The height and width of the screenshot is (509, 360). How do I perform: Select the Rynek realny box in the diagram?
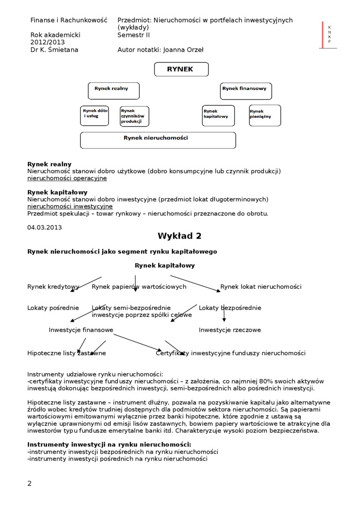(x=114, y=90)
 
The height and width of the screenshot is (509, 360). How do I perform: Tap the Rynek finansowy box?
(x=246, y=90)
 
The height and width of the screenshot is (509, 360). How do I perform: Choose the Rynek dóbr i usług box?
(x=94, y=116)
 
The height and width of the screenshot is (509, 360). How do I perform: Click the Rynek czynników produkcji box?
(x=134, y=116)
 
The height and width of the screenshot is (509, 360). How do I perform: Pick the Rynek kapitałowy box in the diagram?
(x=218, y=116)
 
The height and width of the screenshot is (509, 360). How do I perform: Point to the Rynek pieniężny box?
(x=265, y=116)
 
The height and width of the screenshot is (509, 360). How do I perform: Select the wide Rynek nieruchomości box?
(x=158, y=140)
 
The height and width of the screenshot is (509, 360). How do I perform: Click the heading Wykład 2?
(x=180, y=236)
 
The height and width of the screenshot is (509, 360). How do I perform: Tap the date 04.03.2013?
(x=45, y=227)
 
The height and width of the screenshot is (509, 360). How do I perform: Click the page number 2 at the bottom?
(x=30, y=483)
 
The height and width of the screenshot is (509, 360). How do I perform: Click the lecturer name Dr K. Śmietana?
(x=54, y=50)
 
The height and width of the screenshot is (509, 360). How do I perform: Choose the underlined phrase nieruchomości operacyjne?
(x=67, y=178)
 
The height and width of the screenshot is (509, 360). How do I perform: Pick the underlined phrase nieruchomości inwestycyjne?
(x=70, y=206)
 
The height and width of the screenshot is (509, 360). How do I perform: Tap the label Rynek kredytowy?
(x=53, y=286)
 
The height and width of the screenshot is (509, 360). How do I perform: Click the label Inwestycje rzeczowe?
(x=230, y=330)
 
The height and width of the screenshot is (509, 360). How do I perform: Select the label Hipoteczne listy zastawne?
(x=67, y=353)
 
